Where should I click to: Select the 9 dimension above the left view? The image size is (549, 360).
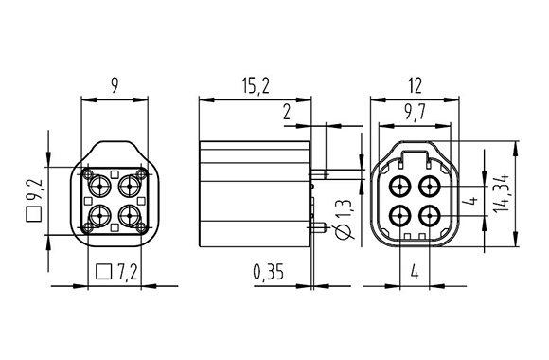pyautogui.click(x=114, y=86)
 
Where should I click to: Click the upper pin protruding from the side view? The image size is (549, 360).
pyautogui.click(x=341, y=172)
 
